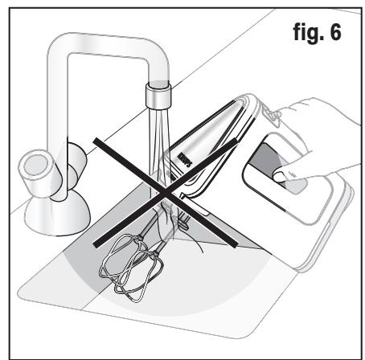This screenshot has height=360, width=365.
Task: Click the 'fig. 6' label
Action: (x=317, y=32)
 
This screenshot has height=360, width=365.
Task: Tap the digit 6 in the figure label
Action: (x=334, y=31)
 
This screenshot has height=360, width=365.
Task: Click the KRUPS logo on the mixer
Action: (x=185, y=161)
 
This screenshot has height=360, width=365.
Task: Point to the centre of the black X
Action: (x=165, y=193)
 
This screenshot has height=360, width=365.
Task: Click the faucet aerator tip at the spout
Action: (x=158, y=96)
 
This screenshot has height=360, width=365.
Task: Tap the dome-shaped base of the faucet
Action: (x=57, y=215)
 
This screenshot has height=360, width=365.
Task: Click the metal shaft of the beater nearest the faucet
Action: (x=150, y=225)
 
